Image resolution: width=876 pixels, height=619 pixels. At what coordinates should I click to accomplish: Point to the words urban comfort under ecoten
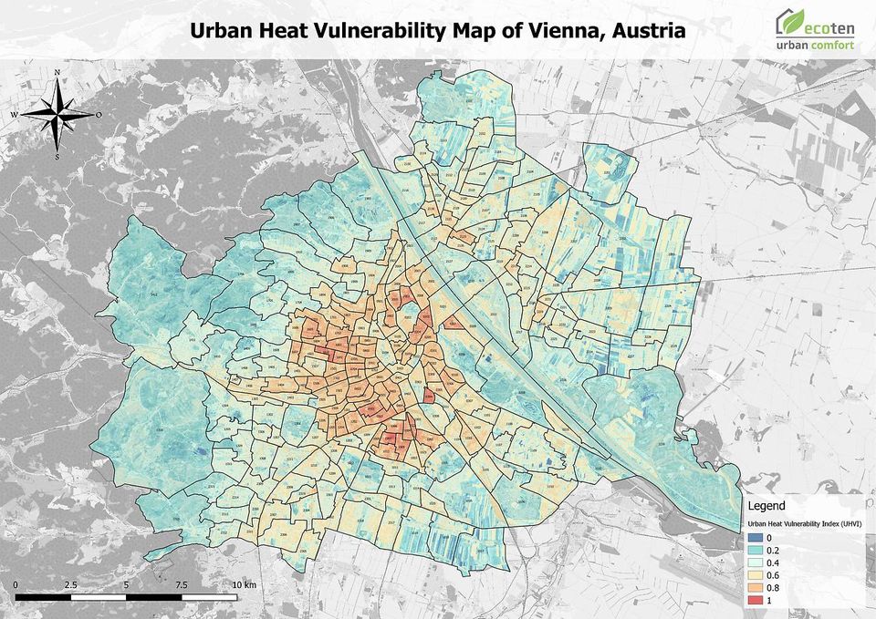click(815, 44)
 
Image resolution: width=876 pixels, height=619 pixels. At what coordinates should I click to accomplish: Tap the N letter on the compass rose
click(57, 72)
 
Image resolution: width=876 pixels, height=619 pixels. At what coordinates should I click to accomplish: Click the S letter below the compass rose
click(57, 157)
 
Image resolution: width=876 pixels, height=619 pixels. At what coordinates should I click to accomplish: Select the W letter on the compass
click(14, 115)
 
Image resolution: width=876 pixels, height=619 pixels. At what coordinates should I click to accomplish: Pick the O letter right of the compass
click(99, 115)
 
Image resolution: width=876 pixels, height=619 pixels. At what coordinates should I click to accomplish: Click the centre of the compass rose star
click(57, 115)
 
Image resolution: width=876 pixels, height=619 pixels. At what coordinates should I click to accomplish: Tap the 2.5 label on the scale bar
click(71, 583)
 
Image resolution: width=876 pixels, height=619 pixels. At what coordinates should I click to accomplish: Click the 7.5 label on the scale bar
click(182, 583)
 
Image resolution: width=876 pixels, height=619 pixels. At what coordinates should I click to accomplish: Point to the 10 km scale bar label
click(245, 583)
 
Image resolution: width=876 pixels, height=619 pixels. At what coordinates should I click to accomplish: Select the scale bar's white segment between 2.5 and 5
click(99, 597)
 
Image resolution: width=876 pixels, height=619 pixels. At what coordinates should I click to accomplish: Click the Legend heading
click(766, 504)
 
